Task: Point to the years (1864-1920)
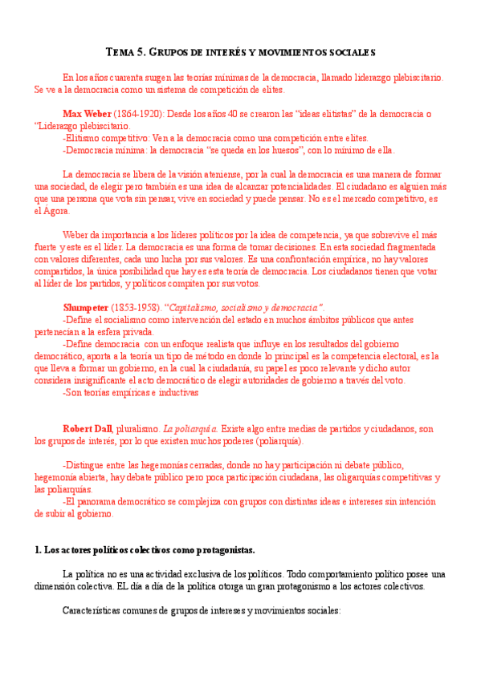[x=140, y=114]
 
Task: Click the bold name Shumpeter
[x=86, y=308]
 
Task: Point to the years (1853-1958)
[x=137, y=308]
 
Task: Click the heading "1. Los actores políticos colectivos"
[x=145, y=550]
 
